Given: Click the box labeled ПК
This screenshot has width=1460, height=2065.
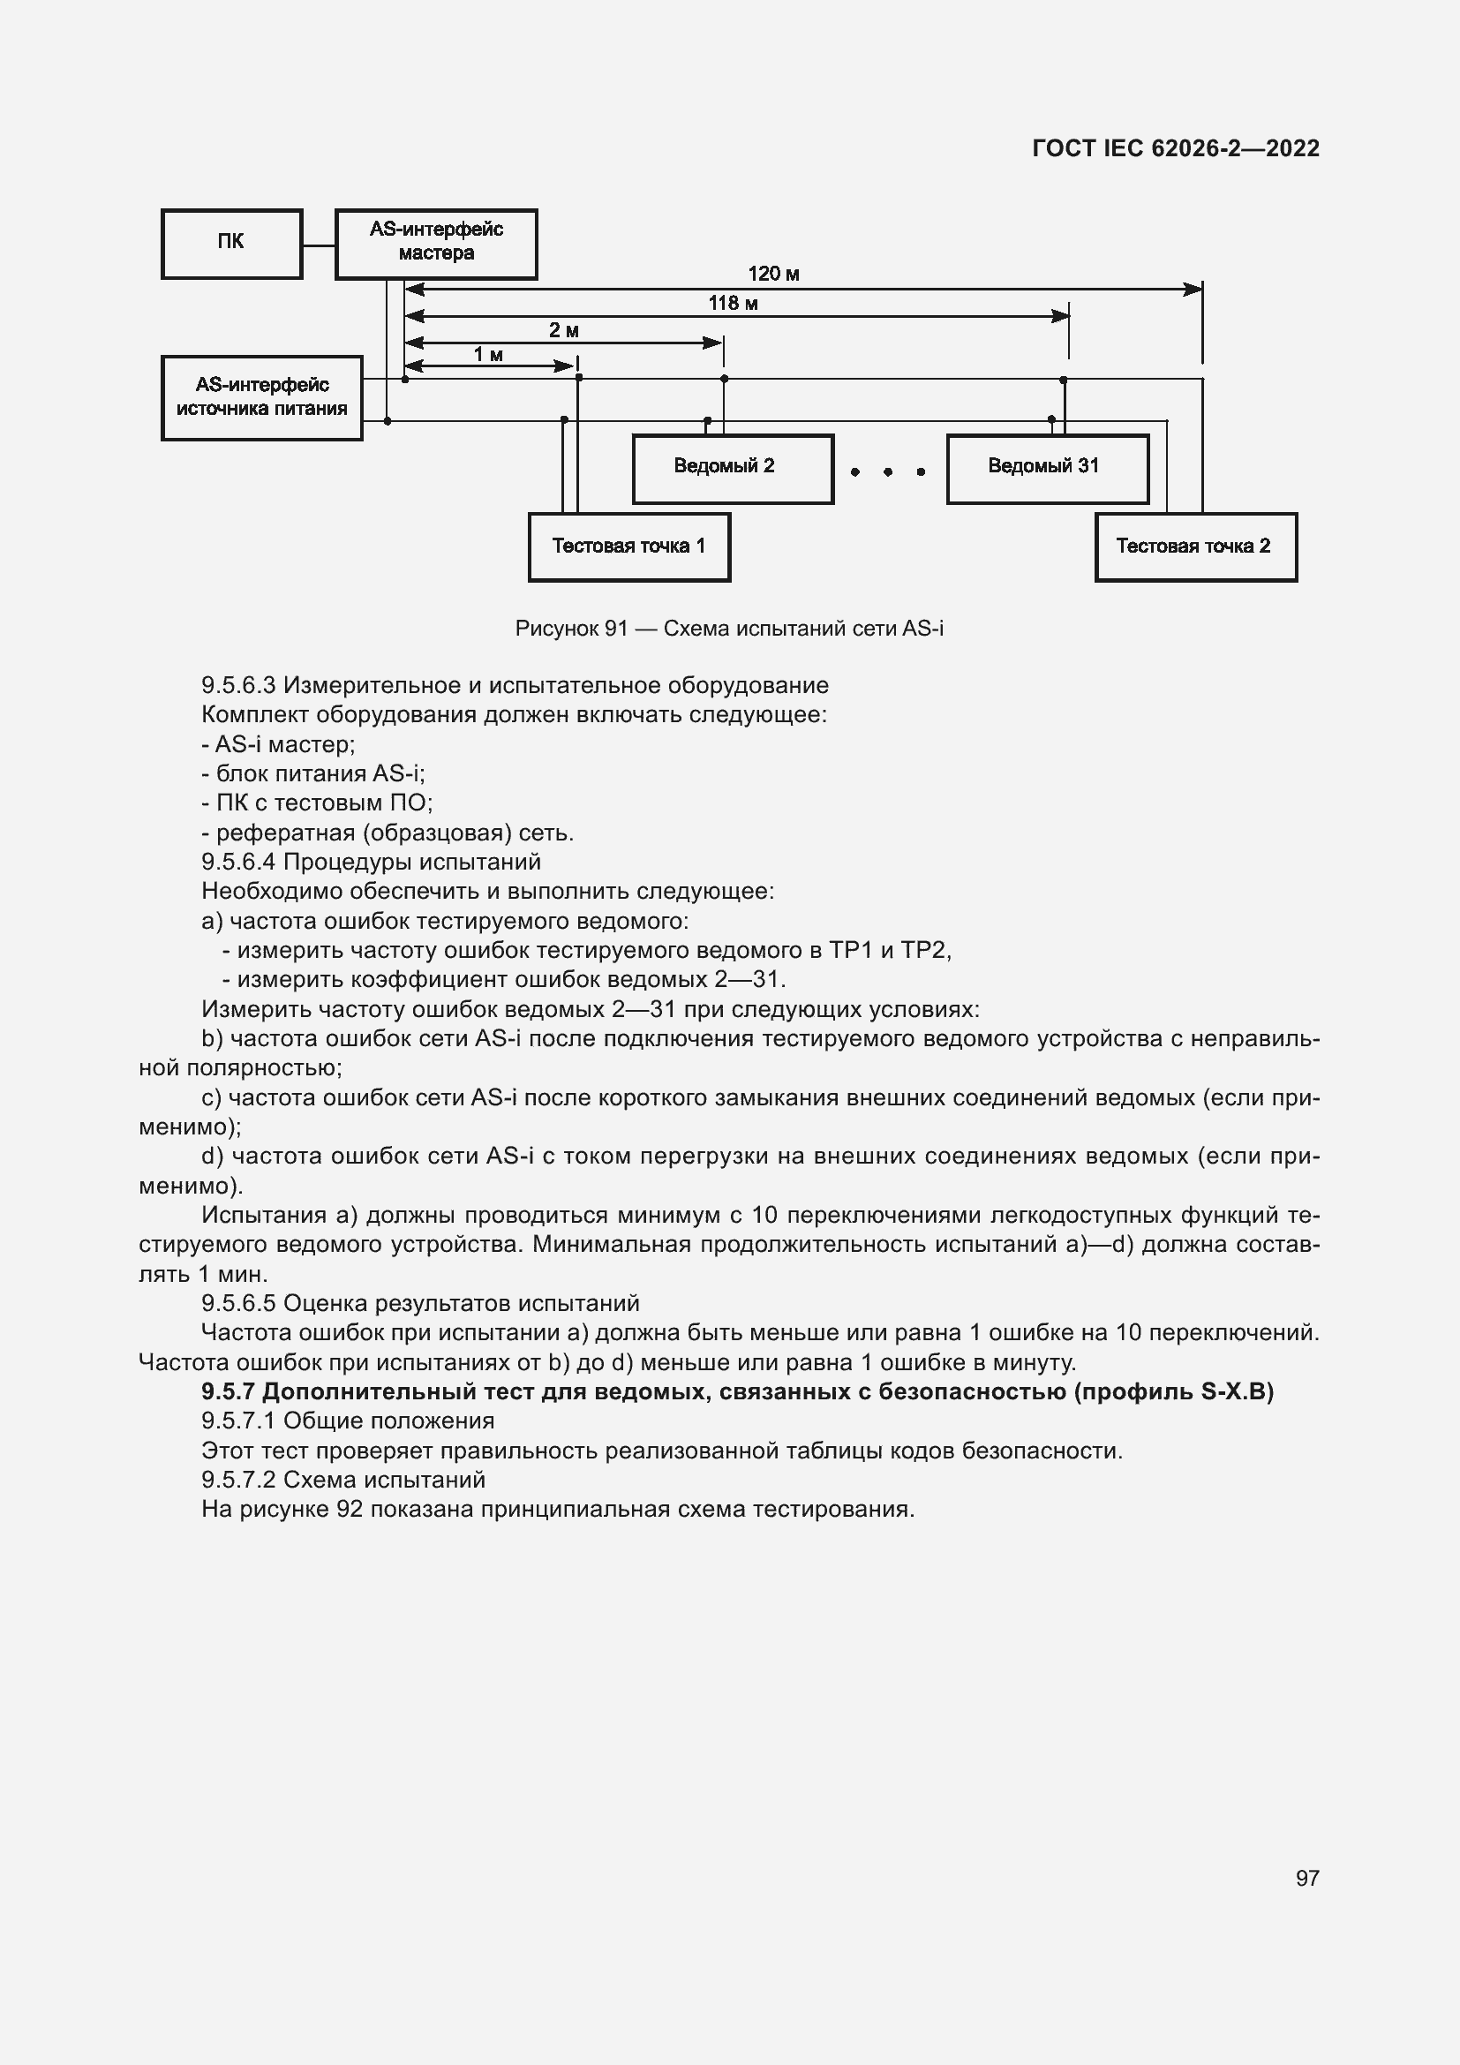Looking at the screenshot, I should tap(231, 244).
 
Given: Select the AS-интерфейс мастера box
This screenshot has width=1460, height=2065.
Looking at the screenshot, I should tap(436, 244).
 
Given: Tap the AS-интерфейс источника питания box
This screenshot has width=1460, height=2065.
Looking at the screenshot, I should tap(261, 397).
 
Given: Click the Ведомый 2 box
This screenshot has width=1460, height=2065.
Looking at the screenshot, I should tap(733, 469).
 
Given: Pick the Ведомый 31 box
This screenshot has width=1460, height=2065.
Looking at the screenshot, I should tap(1048, 469).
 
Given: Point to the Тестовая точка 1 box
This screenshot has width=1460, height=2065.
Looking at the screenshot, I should tap(629, 546).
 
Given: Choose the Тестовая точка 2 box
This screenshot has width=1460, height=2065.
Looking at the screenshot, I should tap(1196, 546).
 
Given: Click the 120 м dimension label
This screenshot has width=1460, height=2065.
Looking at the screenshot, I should tap(773, 275).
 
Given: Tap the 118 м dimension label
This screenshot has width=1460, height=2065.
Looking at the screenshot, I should tap(733, 304).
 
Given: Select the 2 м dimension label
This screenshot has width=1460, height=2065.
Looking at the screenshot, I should tap(564, 331).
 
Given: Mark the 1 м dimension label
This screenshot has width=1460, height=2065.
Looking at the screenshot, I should tap(488, 355).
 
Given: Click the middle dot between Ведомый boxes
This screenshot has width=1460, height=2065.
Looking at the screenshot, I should tap(887, 472).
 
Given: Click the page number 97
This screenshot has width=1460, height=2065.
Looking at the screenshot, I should tap(1307, 1878).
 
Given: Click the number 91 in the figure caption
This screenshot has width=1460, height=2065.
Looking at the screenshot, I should tap(616, 629).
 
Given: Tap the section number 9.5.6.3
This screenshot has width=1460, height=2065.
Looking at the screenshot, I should tap(238, 685).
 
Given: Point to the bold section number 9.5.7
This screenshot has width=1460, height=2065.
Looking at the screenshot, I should tap(229, 1392).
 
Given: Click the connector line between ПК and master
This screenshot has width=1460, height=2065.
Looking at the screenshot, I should tap(319, 245).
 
